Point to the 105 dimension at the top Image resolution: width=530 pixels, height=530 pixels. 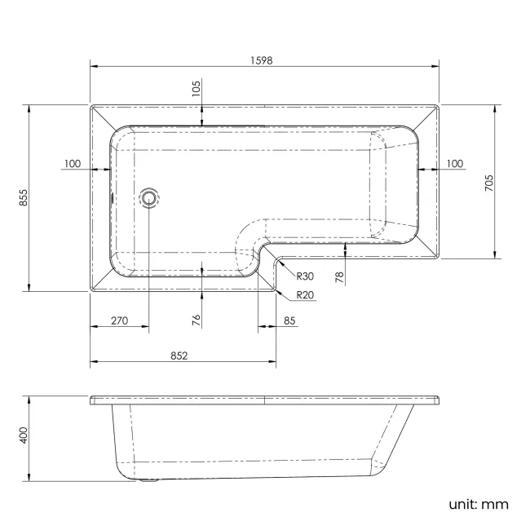coord(196,88)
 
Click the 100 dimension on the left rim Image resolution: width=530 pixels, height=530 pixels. coord(72,164)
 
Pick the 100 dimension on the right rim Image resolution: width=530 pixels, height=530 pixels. coord(454,164)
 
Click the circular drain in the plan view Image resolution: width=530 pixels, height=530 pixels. coord(149,197)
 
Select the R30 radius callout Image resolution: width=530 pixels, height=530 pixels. coord(305,276)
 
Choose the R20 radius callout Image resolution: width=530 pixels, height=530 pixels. coord(305,294)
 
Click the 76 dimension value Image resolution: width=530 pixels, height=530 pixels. coord(196,320)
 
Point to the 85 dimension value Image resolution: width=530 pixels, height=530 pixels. coord(290,320)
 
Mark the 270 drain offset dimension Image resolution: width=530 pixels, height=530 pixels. coord(119,320)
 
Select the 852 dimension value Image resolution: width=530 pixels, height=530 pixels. coord(179,355)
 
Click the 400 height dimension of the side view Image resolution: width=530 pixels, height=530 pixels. coord(24,435)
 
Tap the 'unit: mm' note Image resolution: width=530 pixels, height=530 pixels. coord(478,504)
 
